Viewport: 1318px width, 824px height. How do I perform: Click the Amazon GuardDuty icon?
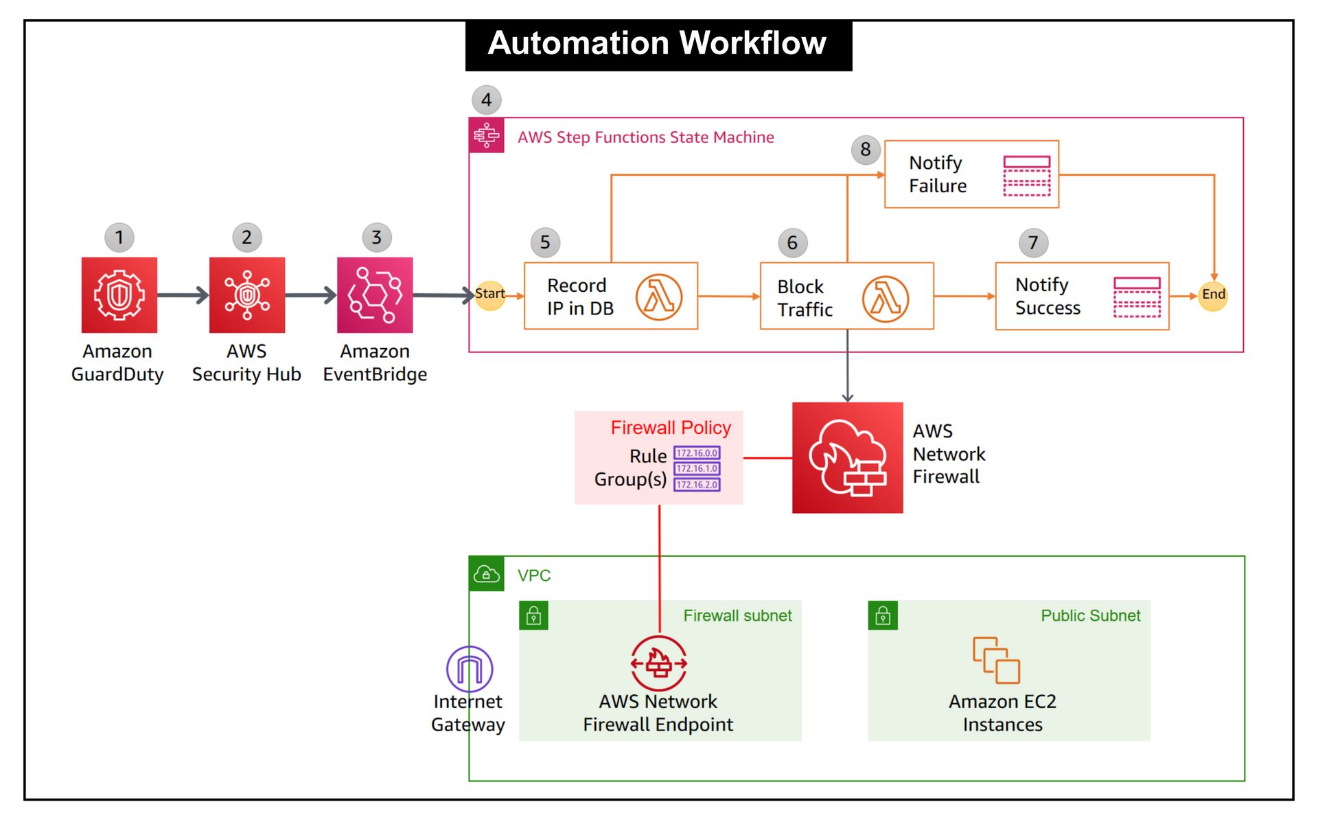pos(119,295)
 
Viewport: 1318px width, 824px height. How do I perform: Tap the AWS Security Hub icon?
pos(247,295)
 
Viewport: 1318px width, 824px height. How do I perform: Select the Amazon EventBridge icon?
pos(375,295)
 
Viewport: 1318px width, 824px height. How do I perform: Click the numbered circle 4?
pos(487,100)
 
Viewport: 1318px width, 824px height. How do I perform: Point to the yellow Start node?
pos(490,295)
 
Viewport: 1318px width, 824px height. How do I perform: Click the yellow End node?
pos(1213,295)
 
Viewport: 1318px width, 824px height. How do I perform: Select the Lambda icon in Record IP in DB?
pos(658,297)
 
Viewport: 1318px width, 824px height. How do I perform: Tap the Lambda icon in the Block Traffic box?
pos(886,299)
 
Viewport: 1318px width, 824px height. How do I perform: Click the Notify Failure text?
pos(938,174)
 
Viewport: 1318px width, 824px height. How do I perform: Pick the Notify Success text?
pos(1048,297)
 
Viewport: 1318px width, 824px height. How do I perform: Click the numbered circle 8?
pos(866,150)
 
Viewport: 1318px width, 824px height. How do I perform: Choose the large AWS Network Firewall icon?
pos(848,458)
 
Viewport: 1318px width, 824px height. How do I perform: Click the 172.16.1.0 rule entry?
pos(697,469)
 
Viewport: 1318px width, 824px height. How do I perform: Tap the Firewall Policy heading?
pos(671,428)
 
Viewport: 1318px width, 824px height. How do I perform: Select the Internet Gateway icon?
pos(470,669)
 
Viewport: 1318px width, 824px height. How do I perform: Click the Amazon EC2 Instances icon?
pos(996,661)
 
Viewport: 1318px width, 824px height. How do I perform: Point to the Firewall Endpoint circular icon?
pos(659,663)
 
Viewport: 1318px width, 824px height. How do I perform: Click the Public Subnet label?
pos(1090,616)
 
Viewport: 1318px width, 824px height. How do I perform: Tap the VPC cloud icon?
pos(487,574)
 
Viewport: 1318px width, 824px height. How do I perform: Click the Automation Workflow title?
pos(658,44)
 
